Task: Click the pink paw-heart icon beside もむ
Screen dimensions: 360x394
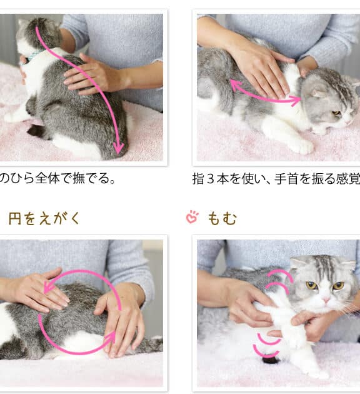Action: pyautogui.click(x=192, y=217)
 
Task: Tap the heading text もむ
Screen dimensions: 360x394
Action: pyautogui.click(x=222, y=218)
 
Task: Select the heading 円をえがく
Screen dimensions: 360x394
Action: pyautogui.click(x=44, y=218)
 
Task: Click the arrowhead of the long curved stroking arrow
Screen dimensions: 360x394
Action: pyautogui.click(x=118, y=148)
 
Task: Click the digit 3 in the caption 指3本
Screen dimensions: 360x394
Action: pyautogui.click(x=211, y=179)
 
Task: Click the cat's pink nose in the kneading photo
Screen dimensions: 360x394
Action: pyautogui.click(x=326, y=300)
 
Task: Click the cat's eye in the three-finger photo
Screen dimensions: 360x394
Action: pyautogui.click(x=337, y=113)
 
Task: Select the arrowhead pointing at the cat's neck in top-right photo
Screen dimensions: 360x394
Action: pyautogui.click(x=296, y=100)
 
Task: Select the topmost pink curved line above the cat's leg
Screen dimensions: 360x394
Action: pyautogui.click(x=281, y=273)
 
